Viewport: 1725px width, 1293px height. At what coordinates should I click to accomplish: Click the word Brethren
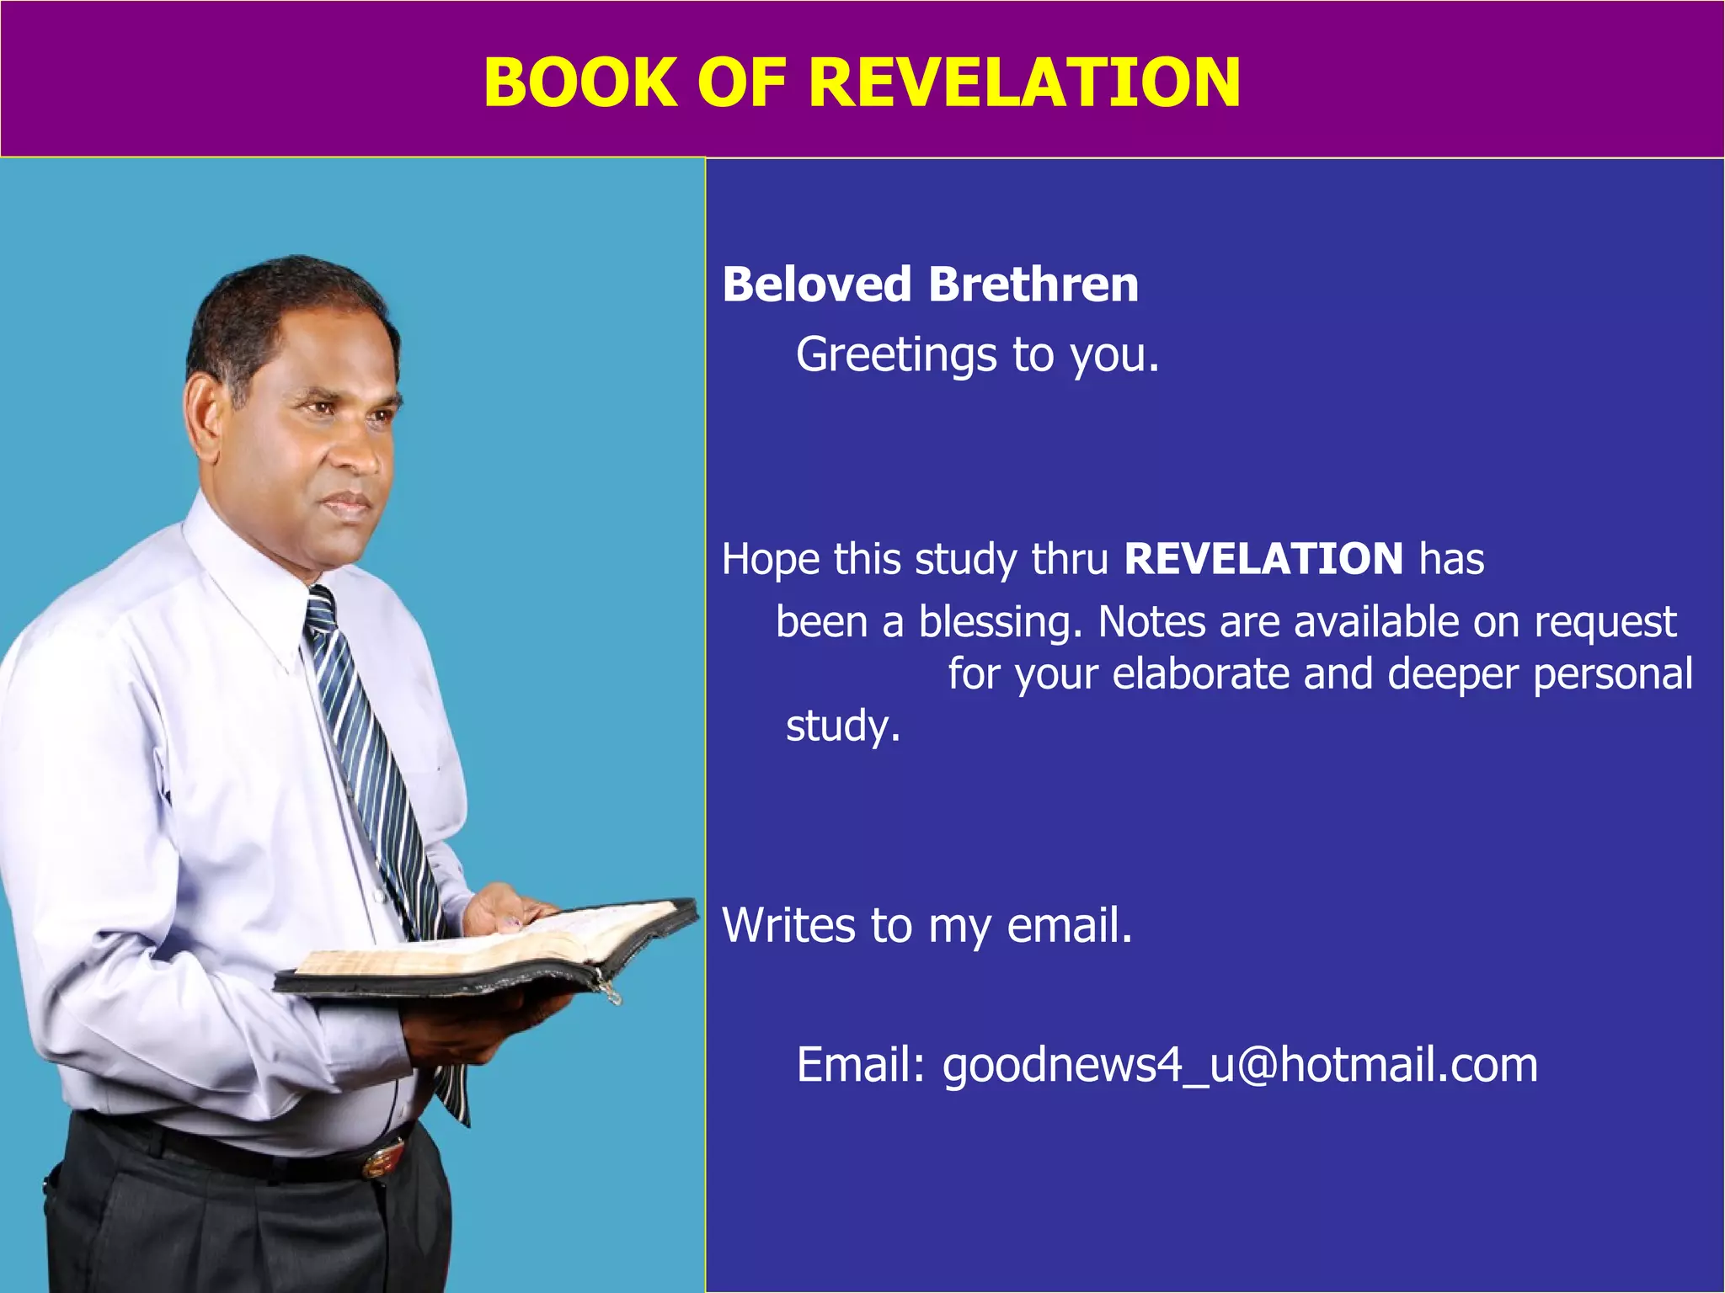coord(1033,285)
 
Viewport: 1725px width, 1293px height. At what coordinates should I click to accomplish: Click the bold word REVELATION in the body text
coord(1263,559)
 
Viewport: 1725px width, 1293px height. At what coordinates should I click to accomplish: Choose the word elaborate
coord(1200,674)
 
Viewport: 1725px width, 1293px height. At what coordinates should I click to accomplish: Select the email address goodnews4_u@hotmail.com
coord(1240,1065)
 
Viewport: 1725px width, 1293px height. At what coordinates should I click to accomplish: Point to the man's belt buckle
coord(383,1159)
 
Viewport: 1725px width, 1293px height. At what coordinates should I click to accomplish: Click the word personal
coord(1612,674)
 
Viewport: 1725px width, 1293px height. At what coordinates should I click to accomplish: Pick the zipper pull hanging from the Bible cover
coord(611,993)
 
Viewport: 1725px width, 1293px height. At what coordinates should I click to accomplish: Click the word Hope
coord(770,560)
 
